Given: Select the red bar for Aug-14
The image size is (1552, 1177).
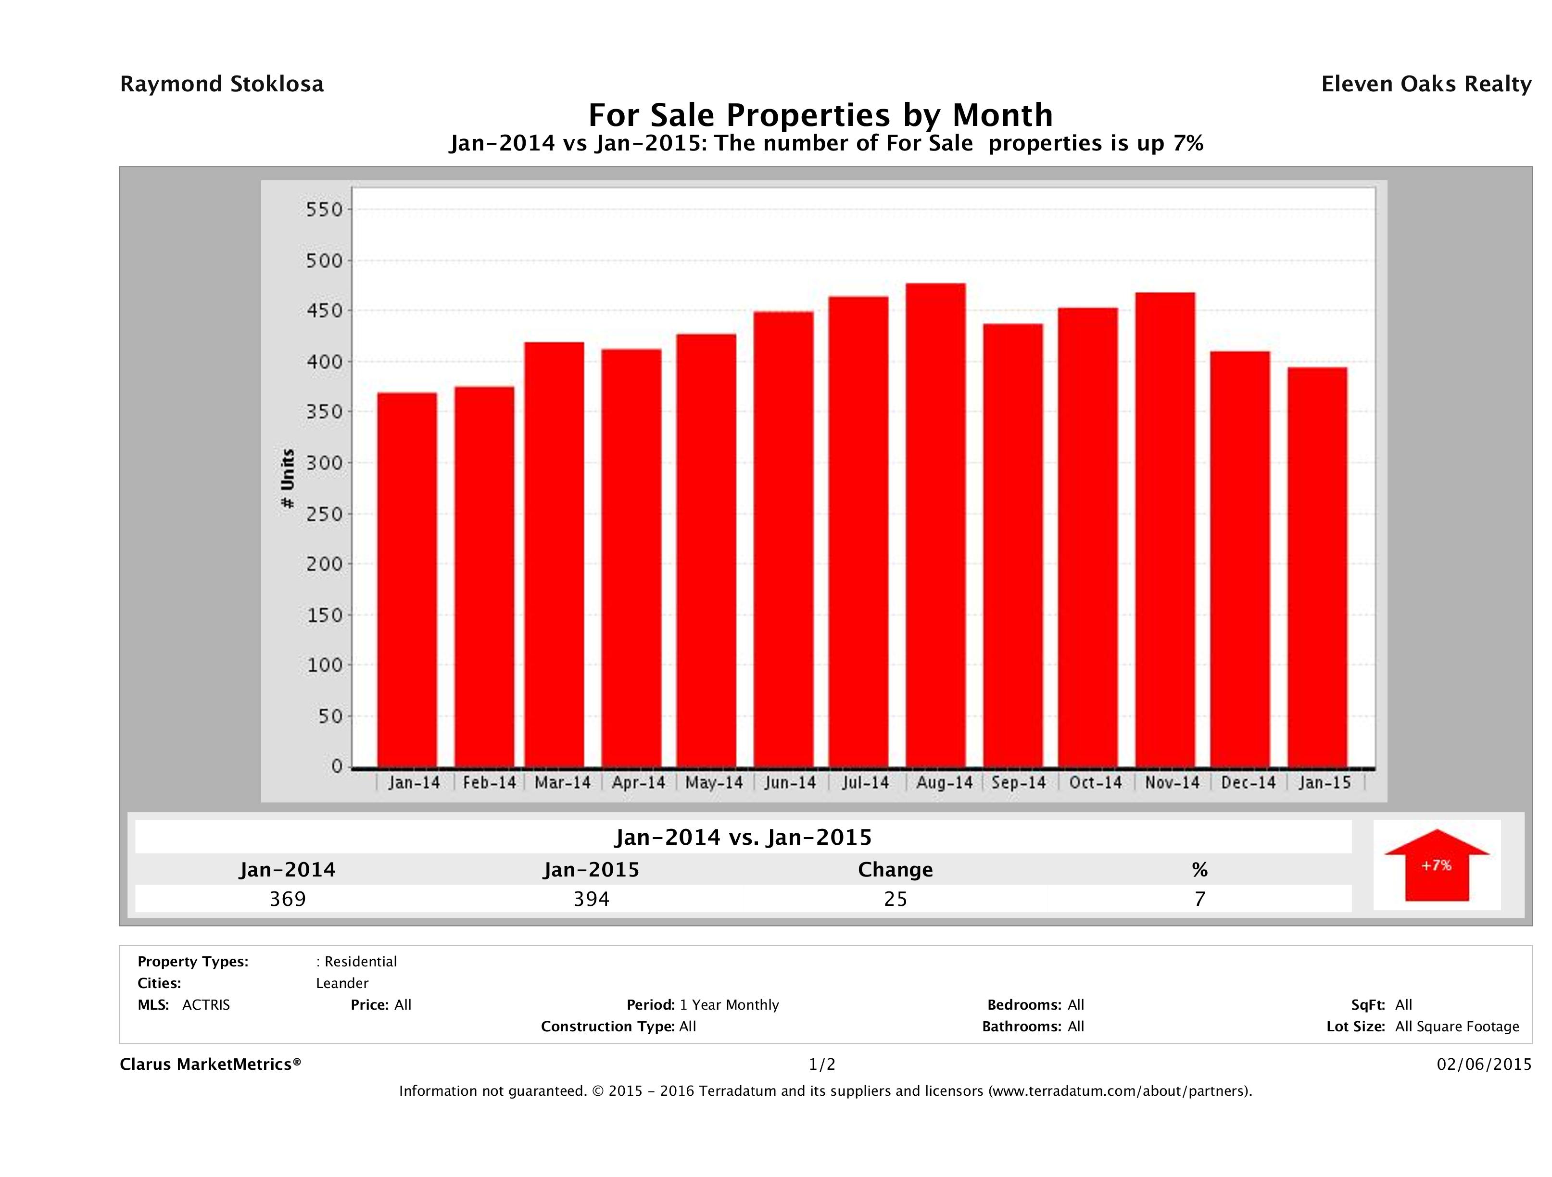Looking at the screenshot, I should click(x=935, y=526).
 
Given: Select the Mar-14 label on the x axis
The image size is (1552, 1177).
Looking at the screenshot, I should click(x=563, y=783).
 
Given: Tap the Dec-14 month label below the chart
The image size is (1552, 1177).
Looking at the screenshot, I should click(x=1248, y=783).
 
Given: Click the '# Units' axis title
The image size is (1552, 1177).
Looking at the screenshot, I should click(x=288, y=478).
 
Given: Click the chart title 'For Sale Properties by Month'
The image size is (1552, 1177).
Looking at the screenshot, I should click(x=820, y=114).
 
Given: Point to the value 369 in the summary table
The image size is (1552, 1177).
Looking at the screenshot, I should click(x=288, y=899).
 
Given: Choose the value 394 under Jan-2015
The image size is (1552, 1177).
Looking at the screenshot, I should click(x=592, y=899).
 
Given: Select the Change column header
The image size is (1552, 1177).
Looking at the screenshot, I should click(x=896, y=870).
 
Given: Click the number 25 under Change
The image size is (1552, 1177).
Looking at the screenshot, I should click(x=896, y=899).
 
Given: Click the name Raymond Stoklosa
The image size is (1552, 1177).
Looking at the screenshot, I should click(x=222, y=84).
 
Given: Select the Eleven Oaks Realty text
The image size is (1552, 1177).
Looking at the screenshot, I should click(x=1426, y=84).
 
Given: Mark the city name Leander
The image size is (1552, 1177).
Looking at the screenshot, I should click(x=341, y=983).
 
